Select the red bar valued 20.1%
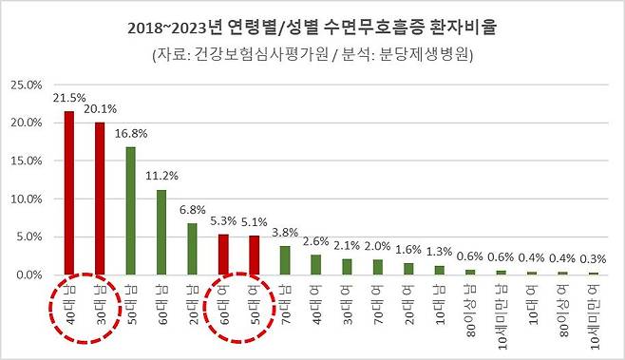tap(99, 199)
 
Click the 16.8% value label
tap(130, 134)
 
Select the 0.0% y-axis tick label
tap(27, 275)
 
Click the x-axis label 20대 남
tap(191, 304)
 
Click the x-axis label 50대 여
tap(253, 304)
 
